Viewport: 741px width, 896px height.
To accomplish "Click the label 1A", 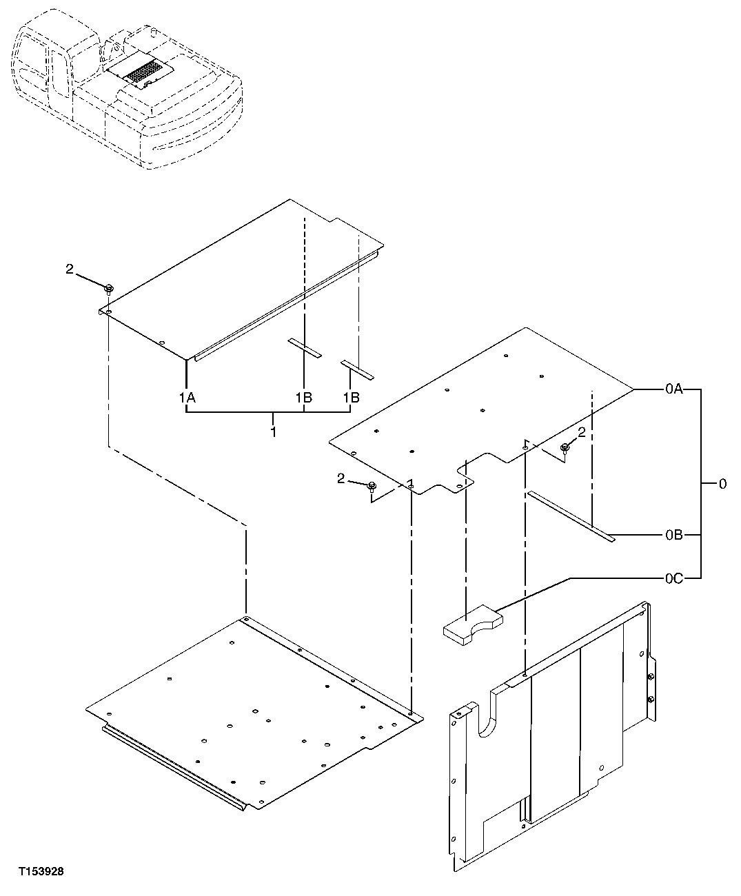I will pos(187,398).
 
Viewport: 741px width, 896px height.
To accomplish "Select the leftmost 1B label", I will pos(304,398).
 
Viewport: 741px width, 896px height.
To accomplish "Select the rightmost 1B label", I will pos(352,398).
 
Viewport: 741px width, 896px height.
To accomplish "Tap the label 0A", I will pos(673,390).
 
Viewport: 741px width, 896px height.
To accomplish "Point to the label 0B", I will pos(673,536).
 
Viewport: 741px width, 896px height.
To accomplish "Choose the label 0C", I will pos(673,579).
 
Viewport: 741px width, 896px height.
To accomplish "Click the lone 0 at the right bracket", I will pos(722,485).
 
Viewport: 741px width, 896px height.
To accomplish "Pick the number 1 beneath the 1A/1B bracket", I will pos(274,432).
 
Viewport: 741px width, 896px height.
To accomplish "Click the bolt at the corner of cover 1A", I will pos(109,288).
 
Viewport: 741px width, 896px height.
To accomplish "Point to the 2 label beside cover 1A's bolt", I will pos(69,270).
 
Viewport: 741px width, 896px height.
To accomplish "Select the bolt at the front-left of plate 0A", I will pos(372,487).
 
